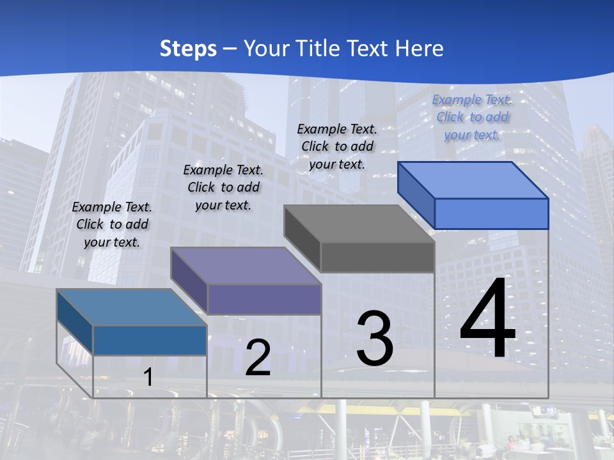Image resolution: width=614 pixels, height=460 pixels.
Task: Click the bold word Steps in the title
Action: coord(187,49)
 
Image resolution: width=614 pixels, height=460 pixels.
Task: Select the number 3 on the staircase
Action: coord(375,338)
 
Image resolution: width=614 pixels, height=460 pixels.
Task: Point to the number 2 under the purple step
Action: coord(258,358)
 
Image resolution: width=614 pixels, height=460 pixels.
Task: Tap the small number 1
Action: coord(148,377)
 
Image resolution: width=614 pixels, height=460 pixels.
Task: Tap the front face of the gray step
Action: coord(377,257)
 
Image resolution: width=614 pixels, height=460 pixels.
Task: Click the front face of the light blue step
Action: coord(491,213)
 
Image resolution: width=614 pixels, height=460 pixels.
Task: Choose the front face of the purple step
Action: coord(264,299)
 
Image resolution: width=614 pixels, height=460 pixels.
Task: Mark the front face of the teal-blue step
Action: coord(150,340)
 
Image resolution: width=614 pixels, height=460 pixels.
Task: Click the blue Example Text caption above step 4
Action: coord(472,117)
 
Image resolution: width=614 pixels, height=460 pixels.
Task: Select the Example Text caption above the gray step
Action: coord(337,146)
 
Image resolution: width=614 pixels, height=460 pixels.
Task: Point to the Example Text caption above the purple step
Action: coord(223,187)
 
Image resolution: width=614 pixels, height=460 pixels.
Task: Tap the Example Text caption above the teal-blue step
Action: coord(112,224)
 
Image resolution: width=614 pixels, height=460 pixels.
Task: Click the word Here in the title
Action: coord(420,49)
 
